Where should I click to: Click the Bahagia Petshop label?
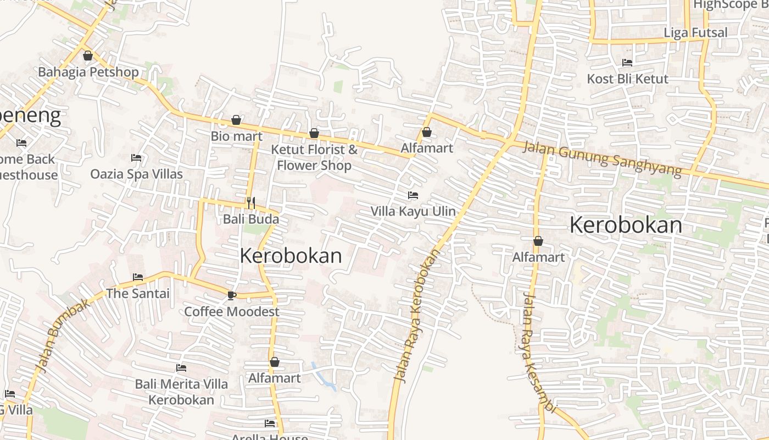pos(88,72)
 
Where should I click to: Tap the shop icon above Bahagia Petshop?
pos(88,56)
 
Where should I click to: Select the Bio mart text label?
pos(236,136)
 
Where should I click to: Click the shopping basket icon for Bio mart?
pos(236,120)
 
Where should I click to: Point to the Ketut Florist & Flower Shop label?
pos(314,157)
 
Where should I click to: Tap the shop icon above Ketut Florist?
pos(314,133)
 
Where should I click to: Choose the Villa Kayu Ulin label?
pos(413,211)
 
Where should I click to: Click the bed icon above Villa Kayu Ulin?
pos(413,195)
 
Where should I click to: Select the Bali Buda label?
pos(251,219)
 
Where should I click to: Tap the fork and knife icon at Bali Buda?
pos(251,203)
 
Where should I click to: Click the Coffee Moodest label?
pos(232,311)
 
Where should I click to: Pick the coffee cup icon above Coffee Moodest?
pos(232,295)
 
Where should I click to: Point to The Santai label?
pos(138,293)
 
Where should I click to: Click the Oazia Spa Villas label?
pos(136,174)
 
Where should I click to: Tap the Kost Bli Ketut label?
pos(627,79)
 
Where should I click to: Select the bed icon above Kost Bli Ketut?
pos(627,63)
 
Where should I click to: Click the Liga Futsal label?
pos(695,32)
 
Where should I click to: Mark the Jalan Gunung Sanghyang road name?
pos(602,159)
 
